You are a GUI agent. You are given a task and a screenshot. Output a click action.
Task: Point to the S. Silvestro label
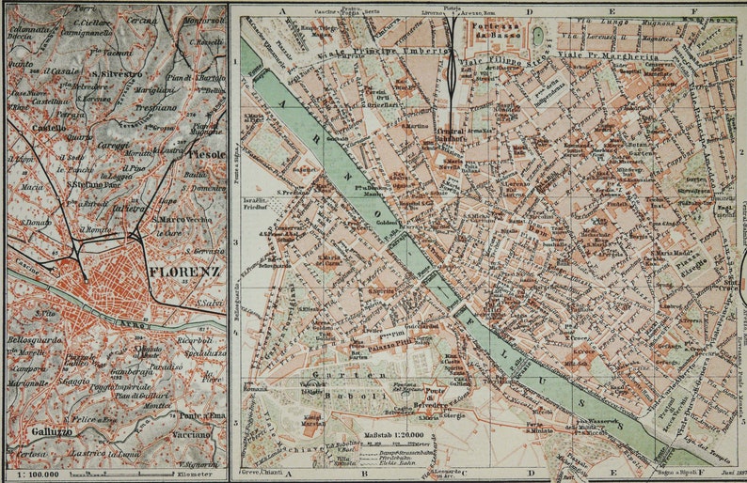tap(117, 72)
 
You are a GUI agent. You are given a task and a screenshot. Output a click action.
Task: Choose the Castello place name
tap(49, 126)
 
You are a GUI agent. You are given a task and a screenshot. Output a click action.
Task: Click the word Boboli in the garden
tap(338, 397)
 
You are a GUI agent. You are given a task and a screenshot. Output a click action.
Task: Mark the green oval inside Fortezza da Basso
tap(537, 36)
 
